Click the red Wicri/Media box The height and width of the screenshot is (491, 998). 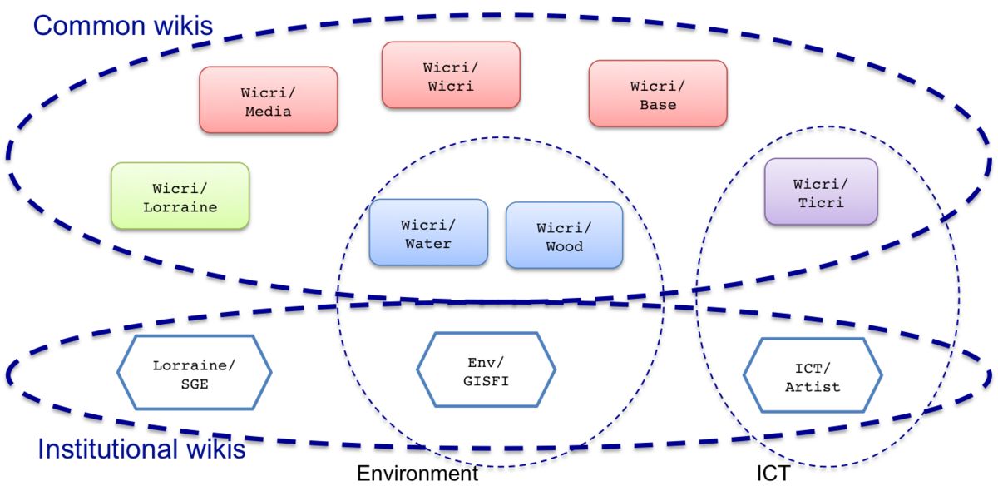tap(268, 100)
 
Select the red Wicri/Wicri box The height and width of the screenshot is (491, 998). tap(451, 75)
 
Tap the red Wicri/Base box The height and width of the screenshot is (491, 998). tap(658, 94)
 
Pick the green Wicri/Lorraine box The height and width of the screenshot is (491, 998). tap(180, 196)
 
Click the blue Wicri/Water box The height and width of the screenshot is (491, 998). tap(428, 232)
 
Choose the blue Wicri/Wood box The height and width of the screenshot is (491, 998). tap(565, 235)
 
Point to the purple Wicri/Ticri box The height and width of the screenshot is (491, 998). tap(821, 191)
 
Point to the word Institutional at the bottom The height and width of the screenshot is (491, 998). tap(108, 449)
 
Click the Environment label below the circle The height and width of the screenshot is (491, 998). tap(417, 474)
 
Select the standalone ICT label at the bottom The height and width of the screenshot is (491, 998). tap(773, 474)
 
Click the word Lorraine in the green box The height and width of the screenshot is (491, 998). tap(180, 207)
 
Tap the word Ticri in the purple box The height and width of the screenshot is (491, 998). tap(821, 203)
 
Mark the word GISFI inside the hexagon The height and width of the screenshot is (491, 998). tap(486, 381)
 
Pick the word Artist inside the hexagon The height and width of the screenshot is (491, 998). tap(813, 387)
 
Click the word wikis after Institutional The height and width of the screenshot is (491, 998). tap(216, 449)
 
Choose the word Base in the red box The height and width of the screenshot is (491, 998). tap(658, 105)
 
